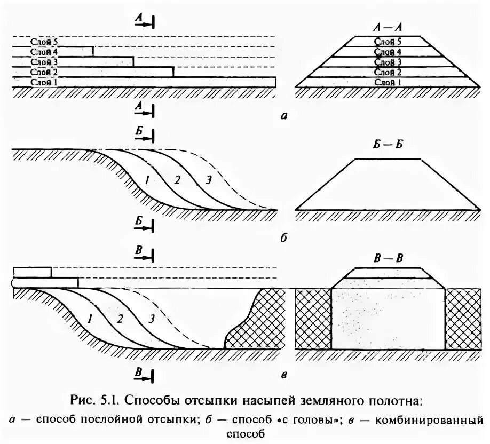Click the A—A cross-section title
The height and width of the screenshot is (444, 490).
pyautogui.click(x=388, y=27)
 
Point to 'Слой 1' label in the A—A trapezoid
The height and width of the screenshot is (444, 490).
pyautogui.click(x=388, y=82)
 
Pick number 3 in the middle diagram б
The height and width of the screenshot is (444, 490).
pyautogui.click(x=208, y=180)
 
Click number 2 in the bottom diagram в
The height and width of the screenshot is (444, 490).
pyautogui.click(x=120, y=319)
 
